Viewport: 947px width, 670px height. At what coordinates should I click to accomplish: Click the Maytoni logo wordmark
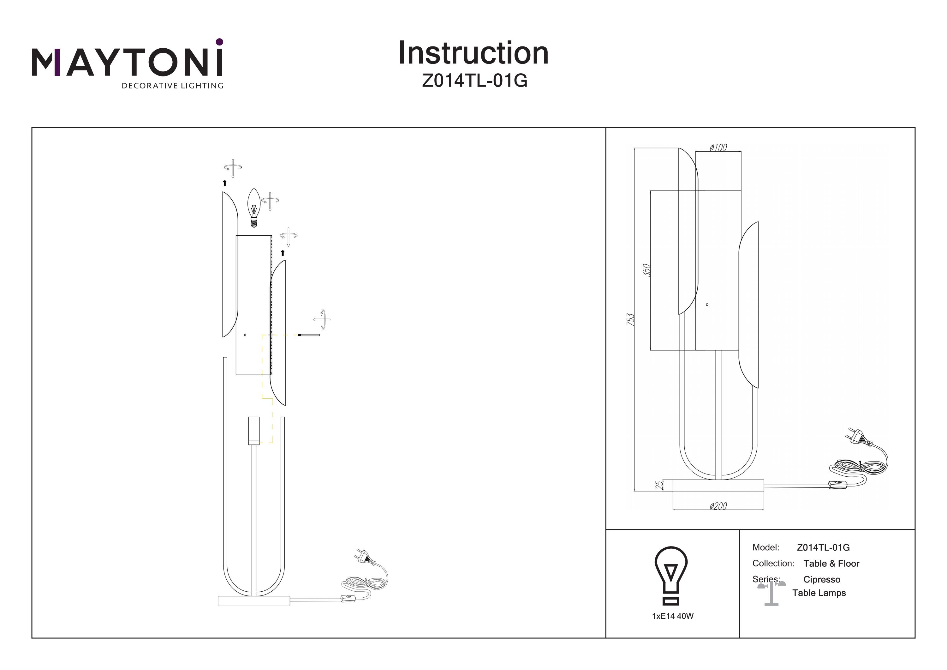point(127,62)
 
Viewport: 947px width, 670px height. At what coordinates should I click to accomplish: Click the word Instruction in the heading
point(473,53)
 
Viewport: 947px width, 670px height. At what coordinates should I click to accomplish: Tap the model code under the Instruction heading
point(474,81)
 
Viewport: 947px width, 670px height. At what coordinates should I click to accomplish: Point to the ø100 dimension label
point(718,148)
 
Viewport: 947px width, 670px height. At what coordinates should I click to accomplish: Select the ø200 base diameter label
point(718,506)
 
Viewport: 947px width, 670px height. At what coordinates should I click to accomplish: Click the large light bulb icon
point(671,575)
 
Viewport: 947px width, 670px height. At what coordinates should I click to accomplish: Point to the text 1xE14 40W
point(672,616)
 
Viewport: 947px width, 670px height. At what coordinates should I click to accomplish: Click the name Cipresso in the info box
point(822,580)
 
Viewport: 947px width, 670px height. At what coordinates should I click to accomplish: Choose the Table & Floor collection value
point(831,564)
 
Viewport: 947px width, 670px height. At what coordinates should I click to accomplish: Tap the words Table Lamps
point(819,593)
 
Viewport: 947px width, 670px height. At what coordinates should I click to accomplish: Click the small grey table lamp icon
point(771,593)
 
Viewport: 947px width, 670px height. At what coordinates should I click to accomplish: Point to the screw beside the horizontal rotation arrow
point(308,335)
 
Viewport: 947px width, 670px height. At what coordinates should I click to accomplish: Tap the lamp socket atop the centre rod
point(254,430)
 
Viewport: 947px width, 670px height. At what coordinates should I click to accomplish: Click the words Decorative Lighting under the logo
point(172,86)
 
